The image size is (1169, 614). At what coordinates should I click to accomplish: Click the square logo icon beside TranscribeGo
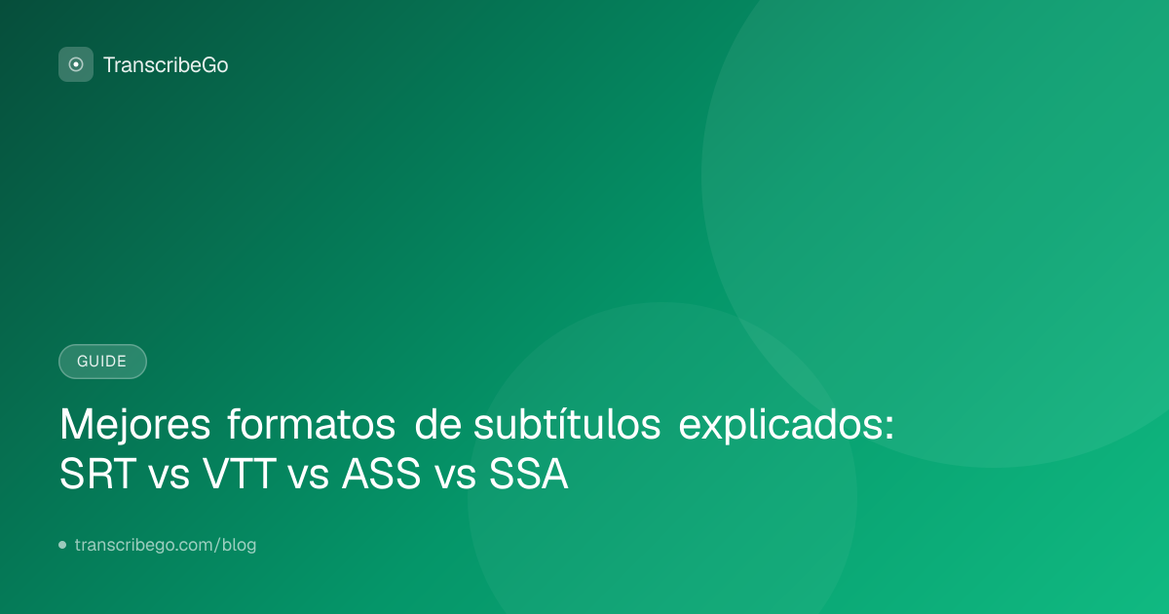[x=76, y=64]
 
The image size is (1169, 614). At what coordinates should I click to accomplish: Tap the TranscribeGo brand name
[x=166, y=65]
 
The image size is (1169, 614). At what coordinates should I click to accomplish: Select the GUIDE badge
[x=102, y=362]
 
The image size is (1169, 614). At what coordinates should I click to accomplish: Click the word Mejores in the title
[x=134, y=425]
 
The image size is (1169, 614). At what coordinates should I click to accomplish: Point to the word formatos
[x=311, y=424]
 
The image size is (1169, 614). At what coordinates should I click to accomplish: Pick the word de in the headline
[x=437, y=424]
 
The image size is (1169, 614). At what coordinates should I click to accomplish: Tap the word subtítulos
[x=567, y=424]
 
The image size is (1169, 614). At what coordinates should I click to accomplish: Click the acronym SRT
[x=98, y=474]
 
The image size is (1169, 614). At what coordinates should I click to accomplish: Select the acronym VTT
[x=240, y=474]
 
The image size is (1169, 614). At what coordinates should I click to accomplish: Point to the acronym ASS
[x=381, y=474]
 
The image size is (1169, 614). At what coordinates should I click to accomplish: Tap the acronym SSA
[x=528, y=474]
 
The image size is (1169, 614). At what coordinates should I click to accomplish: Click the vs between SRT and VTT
[x=170, y=478]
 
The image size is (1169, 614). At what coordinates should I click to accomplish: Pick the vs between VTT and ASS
[x=309, y=478]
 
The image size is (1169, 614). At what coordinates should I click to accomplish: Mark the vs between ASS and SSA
[x=456, y=478]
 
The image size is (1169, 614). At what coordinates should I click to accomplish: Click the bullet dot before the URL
[x=62, y=545]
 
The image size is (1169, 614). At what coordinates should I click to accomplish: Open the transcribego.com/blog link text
[x=166, y=545]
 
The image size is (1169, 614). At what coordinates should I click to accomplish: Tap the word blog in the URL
[x=239, y=545]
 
